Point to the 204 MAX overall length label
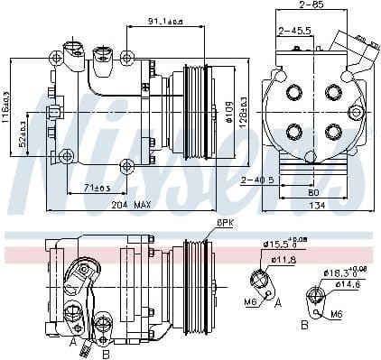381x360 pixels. (131, 206)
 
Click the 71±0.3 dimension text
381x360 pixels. (96, 187)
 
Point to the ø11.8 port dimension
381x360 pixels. (287, 261)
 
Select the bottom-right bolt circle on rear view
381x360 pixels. (332, 132)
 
